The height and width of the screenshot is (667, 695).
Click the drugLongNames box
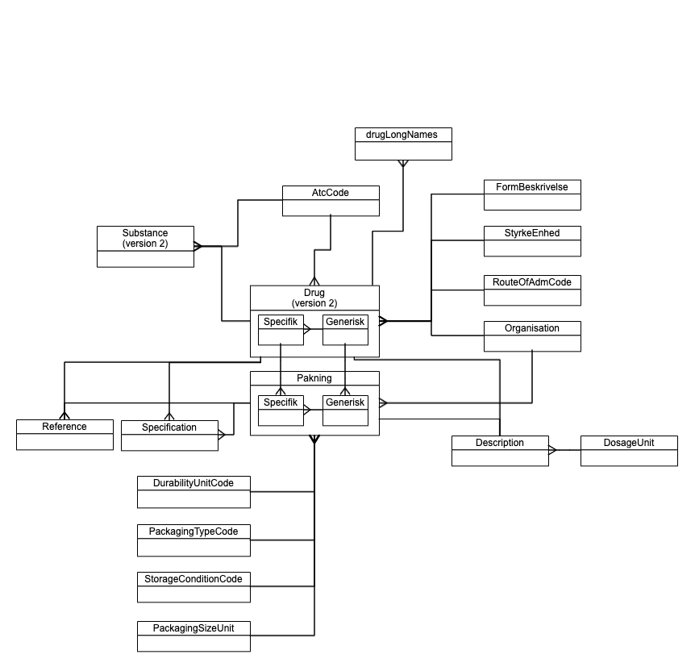(403, 144)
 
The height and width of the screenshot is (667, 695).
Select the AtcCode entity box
(331, 201)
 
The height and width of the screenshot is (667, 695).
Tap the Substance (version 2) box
(145, 247)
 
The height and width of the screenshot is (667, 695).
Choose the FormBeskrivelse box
(532, 194)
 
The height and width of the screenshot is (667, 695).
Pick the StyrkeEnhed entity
(532, 241)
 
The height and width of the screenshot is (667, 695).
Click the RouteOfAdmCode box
(532, 290)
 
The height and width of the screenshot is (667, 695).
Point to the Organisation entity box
(532, 336)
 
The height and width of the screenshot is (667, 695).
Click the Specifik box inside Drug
(281, 329)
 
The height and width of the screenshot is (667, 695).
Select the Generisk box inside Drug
(345, 329)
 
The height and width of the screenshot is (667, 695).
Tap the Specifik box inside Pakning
(281, 410)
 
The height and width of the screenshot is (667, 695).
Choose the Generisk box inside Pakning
(345, 410)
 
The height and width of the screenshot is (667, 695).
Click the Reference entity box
(65, 435)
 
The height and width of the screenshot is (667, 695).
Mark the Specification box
(169, 435)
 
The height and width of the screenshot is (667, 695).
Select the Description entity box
(500, 451)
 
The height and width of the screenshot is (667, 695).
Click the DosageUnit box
(629, 451)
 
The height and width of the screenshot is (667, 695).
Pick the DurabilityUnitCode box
(194, 491)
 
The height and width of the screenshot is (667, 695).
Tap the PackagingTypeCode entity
(194, 540)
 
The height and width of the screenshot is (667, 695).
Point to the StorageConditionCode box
(194, 587)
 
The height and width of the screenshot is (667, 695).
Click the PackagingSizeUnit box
(194, 636)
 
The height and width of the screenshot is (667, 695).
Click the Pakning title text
(314, 378)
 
